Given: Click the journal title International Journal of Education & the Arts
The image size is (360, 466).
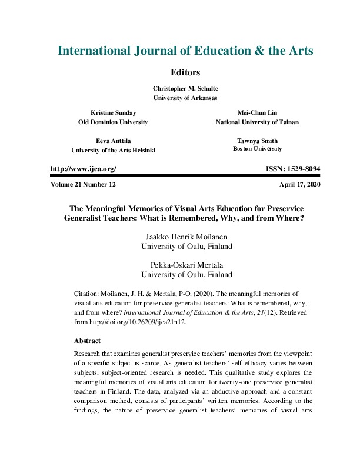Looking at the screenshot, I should (185, 51).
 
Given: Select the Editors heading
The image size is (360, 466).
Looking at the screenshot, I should (185, 72).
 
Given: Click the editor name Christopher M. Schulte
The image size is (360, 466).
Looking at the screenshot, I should (185, 88).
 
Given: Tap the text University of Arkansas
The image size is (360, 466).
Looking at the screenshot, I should (185, 98).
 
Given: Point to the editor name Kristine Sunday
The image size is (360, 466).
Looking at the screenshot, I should (112, 112).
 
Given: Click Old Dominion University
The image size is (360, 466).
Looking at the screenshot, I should (112, 122).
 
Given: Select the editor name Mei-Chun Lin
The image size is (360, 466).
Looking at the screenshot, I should (257, 112).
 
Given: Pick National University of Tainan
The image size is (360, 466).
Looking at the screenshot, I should (257, 122).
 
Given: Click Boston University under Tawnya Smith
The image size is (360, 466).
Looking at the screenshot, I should (257, 149).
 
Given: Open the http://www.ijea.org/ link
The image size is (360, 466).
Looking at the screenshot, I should (84, 169).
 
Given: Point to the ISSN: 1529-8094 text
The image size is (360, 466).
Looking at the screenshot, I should (293, 169).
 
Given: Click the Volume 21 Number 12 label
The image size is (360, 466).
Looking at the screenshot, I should (84, 184).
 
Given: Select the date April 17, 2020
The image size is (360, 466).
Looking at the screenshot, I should (300, 184).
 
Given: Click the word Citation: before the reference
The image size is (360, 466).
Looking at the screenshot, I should (89, 292).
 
